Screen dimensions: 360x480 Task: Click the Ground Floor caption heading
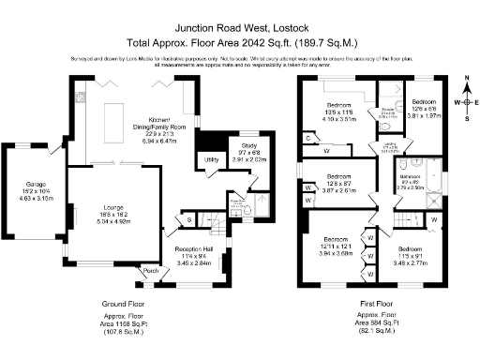point(123,305)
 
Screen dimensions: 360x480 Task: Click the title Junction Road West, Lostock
point(240,28)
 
